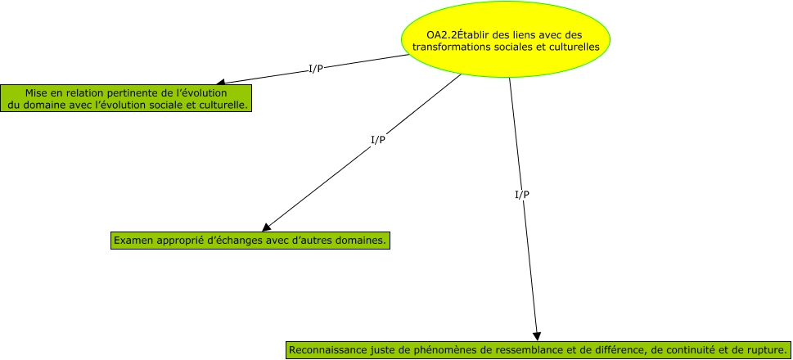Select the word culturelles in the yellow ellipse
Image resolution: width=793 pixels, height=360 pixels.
click(x=573, y=47)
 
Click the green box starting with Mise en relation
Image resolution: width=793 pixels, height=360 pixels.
click(x=126, y=98)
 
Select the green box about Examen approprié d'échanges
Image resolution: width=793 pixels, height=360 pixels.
click(x=250, y=241)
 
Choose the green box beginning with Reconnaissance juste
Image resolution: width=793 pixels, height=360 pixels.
click(x=538, y=350)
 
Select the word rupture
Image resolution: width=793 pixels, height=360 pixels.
click(x=762, y=350)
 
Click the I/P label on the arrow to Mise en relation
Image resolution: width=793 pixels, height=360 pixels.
click(x=315, y=68)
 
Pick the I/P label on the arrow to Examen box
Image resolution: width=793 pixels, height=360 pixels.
click(x=378, y=140)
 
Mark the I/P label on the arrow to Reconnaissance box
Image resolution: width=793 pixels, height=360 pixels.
click(x=521, y=195)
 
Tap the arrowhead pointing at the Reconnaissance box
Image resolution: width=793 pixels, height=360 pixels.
click(x=537, y=335)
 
